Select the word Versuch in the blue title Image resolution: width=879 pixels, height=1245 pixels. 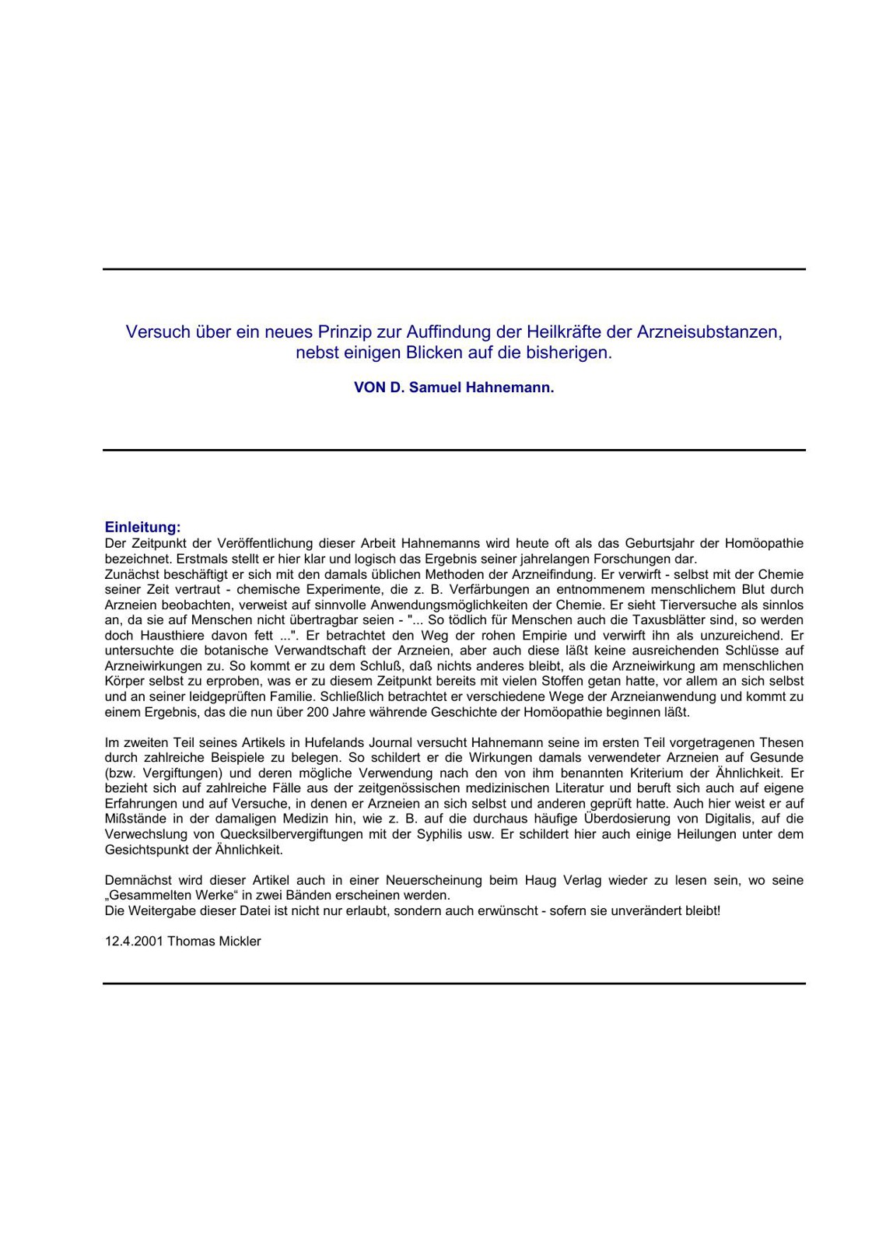159,332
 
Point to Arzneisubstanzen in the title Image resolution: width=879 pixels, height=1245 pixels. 709,332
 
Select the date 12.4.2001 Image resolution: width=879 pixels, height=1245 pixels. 134,942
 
